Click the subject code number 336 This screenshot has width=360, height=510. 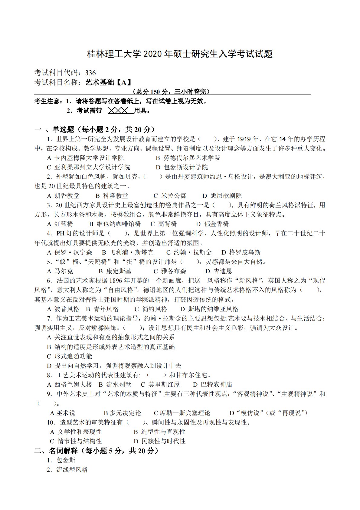coord(90,73)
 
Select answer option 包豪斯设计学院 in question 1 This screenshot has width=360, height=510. coord(185,167)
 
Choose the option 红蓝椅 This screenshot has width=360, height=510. coord(64,224)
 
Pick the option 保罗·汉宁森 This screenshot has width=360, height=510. coord(73,252)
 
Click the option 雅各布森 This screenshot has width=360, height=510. coord(173,271)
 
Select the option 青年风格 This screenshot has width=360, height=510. coord(106,309)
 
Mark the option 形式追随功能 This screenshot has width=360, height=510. coord(73,356)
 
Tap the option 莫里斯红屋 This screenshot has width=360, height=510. coord(164,385)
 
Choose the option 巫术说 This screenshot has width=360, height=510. coord(66,413)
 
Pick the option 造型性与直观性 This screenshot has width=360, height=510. coord(163,432)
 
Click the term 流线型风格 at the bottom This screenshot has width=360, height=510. coord(72,470)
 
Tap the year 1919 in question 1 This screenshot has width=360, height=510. coord(244,139)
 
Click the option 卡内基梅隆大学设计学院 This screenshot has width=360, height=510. coord(89,158)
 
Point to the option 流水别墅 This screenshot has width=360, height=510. coord(119,385)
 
